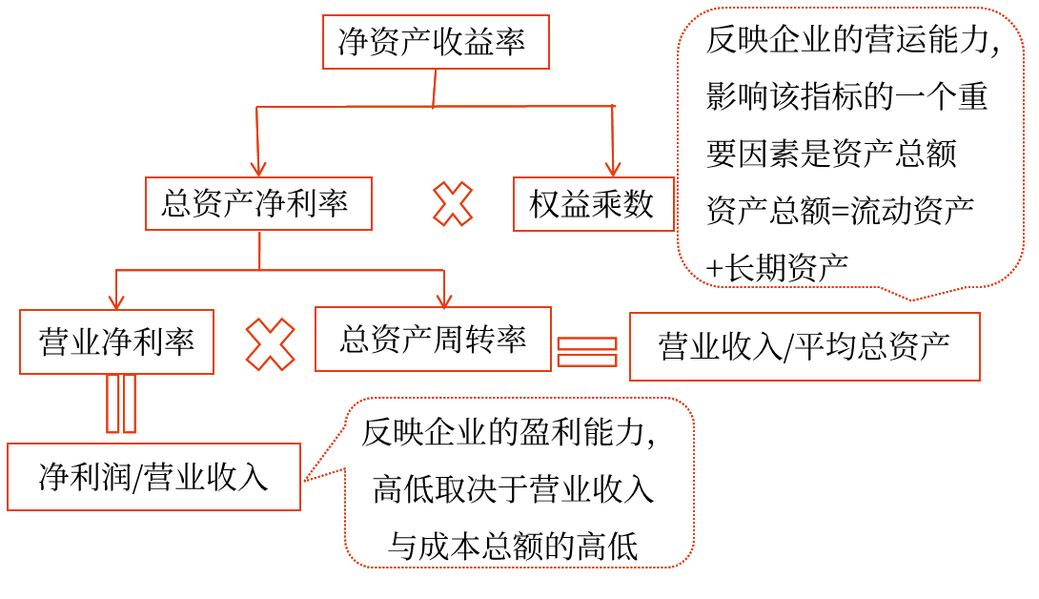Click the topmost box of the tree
tap(436, 42)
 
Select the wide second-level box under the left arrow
tap(258, 203)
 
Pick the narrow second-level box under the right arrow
tap(593, 204)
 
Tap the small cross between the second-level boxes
tap(453, 204)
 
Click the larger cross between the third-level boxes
tap(271, 344)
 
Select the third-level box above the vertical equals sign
tap(116, 341)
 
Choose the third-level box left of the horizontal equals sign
tap(433, 339)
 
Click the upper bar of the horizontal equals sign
tap(586, 343)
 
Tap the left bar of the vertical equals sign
tap(112, 403)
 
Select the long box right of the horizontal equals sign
tap(805, 346)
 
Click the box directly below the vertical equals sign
tap(153, 477)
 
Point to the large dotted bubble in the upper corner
tap(850, 147)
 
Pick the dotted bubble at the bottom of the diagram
tap(519, 483)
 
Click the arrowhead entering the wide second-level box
tap(258, 169)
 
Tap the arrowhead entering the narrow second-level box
tap(613, 169)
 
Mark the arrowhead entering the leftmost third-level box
tap(116, 302)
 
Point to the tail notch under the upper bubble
tap(911, 299)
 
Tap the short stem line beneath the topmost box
tap(435, 88)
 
